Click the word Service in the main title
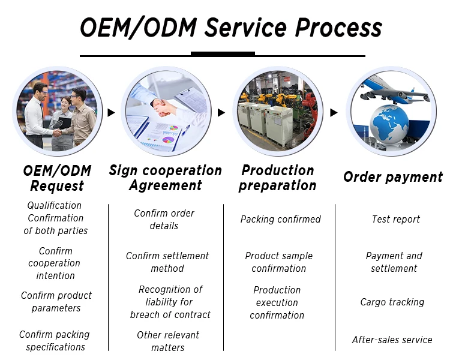click(245, 28)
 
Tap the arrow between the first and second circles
click(111, 113)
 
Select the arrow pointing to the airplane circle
click(334, 113)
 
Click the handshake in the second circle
click(163, 107)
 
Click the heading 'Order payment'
click(393, 177)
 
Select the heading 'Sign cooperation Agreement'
click(166, 178)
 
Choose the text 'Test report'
click(396, 220)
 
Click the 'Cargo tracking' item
click(392, 302)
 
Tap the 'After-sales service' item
click(392, 340)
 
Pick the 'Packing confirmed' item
click(280, 220)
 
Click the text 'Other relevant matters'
click(168, 341)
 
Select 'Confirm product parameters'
click(56, 302)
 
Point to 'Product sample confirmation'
click(278, 262)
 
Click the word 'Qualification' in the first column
click(54, 206)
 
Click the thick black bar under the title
click(223, 53)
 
